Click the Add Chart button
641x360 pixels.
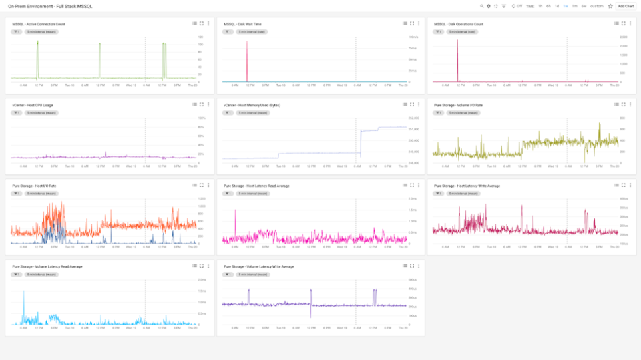pos(626,6)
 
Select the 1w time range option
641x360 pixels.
pos(566,6)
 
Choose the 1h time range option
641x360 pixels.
pos(540,6)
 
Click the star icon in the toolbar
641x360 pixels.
pos(610,6)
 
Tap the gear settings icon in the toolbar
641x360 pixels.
pos(489,6)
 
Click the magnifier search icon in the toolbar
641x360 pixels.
pos(481,6)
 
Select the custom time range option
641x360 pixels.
pos(597,6)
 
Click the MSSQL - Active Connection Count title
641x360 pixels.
pos(39,23)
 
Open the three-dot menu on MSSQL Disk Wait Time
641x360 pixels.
pos(419,23)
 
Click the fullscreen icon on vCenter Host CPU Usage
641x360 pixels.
pos(202,105)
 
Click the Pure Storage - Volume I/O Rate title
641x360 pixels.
pos(458,105)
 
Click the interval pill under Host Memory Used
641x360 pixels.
pos(252,112)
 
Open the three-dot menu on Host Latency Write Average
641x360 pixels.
pos(630,186)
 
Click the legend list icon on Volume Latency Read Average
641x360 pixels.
pos(194,266)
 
